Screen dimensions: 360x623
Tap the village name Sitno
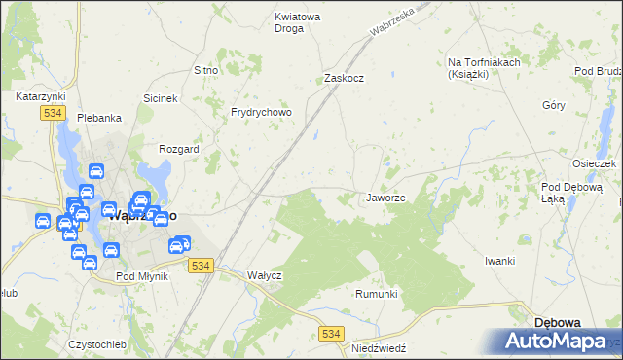(x=205, y=71)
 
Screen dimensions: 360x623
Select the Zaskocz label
(x=344, y=79)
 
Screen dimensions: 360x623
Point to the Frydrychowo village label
(x=261, y=112)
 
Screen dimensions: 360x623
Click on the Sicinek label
(x=161, y=99)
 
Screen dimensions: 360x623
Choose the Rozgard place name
(x=179, y=149)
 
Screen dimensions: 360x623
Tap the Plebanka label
(x=100, y=118)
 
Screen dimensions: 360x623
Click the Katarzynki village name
(x=40, y=97)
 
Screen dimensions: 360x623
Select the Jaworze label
(x=385, y=198)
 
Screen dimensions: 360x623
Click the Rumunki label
(x=377, y=294)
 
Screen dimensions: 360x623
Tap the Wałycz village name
(x=264, y=275)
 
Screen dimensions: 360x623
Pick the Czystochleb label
(x=97, y=344)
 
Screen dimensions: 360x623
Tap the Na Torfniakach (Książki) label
(x=485, y=68)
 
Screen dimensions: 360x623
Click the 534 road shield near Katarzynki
(x=53, y=114)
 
